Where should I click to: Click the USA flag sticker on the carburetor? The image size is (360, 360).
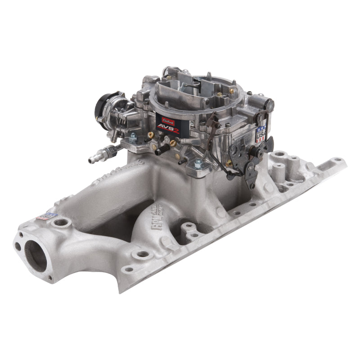(x=261, y=134)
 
